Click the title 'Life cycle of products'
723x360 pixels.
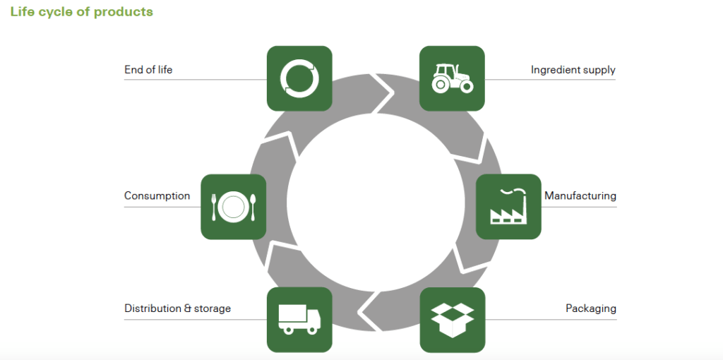click(x=81, y=11)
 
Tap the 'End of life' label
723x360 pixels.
click(x=148, y=70)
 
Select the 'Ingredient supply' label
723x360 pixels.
click(x=573, y=70)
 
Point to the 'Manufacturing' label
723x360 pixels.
click(x=580, y=196)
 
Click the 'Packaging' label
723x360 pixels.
click(x=590, y=308)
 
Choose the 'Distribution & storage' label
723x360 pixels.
click(x=177, y=308)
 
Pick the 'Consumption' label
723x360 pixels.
click(x=157, y=196)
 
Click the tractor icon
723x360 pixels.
click(x=452, y=78)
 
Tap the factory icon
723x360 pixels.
click(x=508, y=207)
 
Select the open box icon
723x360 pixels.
click(x=452, y=320)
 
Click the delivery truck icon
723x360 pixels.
click(x=299, y=320)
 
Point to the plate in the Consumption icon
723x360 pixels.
click(x=233, y=207)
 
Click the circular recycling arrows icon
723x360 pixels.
click(x=299, y=78)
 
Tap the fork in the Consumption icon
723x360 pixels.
click(x=214, y=206)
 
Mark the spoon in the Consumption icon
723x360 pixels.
click(x=253, y=206)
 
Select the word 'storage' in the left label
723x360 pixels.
click(x=213, y=308)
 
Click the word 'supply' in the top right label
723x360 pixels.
click(x=600, y=70)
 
